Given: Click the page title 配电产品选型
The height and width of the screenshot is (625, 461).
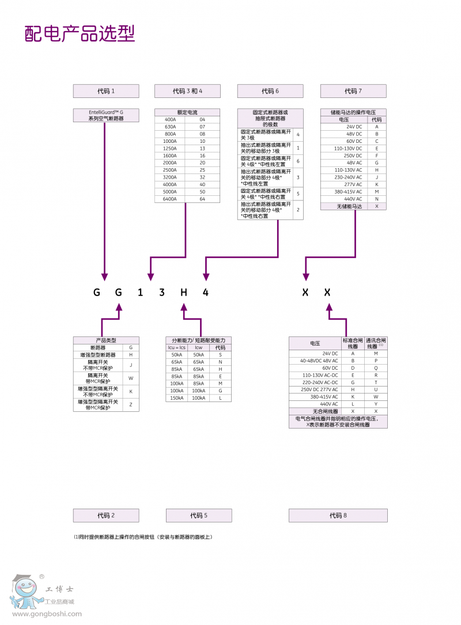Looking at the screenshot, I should click(80, 34).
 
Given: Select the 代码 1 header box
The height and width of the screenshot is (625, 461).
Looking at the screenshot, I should click(106, 91).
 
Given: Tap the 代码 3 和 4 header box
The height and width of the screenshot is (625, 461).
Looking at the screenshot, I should click(187, 91).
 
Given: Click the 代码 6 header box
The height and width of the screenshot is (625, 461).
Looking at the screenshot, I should click(270, 91).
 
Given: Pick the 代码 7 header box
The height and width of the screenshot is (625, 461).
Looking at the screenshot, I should click(353, 91).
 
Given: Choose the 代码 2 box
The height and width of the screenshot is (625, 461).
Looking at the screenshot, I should click(106, 516).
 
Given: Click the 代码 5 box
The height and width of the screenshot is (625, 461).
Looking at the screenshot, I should click(199, 516).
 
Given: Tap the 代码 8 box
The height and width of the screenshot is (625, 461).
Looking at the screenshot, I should click(338, 516).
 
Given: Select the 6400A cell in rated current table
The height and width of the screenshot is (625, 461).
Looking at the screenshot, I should click(171, 199).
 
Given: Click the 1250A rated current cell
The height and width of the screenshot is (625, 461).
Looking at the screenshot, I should click(171, 149).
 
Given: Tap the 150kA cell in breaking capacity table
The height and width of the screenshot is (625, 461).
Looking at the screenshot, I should click(176, 398).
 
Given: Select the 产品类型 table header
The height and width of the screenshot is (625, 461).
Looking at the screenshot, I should click(106, 340).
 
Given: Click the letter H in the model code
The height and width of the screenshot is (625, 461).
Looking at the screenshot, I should click(184, 293).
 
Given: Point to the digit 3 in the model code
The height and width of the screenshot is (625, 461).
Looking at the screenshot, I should click(162, 293).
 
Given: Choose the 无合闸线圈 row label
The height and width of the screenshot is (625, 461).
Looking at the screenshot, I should click(321, 411).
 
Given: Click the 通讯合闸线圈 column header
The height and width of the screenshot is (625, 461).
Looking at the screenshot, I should click(376, 343).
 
